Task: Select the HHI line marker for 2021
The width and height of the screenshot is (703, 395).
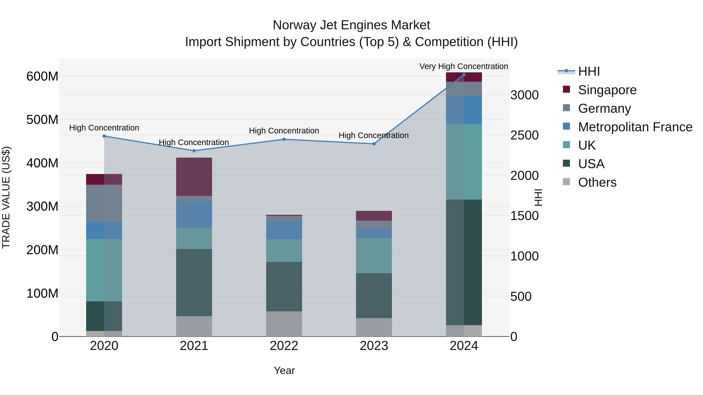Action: [194, 151]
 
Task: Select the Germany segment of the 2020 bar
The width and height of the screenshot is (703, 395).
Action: [104, 203]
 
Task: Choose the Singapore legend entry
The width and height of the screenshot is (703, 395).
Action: [607, 90]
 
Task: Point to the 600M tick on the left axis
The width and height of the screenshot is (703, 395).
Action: [42, 76]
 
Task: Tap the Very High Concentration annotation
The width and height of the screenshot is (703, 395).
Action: [463, 66]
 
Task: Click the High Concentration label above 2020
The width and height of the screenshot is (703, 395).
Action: [104, 128]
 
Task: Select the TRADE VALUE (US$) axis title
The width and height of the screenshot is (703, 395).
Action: [6, 197]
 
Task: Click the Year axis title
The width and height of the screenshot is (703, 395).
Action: [284, 370]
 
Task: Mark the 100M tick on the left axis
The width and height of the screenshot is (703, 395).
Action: [42, 294]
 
